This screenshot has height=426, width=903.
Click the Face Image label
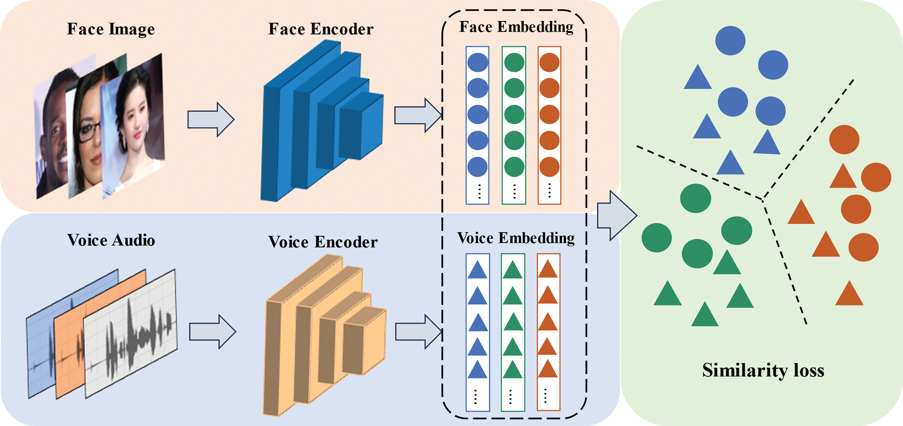click(111, 29)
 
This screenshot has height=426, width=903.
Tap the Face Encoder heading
click(321, 29)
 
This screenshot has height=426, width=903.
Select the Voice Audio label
click(111, 240)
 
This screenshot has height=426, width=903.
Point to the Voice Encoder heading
click(323, 242)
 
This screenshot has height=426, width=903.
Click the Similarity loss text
click(763, 370)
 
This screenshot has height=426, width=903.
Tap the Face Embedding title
click(516, 27)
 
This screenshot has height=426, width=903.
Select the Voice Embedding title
click(516, 238)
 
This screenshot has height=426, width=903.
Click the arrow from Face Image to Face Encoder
click(211, 119)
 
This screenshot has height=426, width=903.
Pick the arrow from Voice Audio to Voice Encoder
click(213, 332)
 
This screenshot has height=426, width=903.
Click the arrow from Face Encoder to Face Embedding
click(418, 115)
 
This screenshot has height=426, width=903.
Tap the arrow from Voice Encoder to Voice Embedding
click(419, 332)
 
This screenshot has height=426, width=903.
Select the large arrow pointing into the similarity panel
click(617, 216)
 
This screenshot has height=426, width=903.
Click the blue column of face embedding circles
click(478, 125)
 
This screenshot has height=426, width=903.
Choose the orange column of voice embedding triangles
click(549, 332)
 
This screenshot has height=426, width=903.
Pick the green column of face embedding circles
click(514, 125)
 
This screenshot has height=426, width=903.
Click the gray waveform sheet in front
click(131, 333)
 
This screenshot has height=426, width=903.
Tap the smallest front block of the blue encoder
click(361, 125)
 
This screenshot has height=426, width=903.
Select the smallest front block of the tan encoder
click(364, 341)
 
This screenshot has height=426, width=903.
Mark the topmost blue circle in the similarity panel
click(730, 41)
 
